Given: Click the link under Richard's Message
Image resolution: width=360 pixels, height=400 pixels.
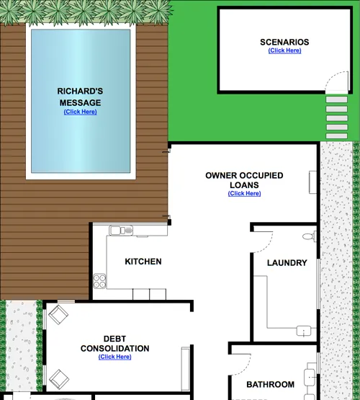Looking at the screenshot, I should pos(80,112).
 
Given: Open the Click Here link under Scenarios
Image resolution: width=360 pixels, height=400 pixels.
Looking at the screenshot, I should pos(284,50).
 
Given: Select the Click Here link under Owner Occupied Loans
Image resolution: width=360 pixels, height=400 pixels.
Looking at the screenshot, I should pos(244,193).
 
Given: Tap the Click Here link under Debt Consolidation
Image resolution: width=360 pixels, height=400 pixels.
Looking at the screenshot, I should pos(115,357).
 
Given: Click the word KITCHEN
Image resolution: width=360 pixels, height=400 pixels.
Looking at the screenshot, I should pos(143,262).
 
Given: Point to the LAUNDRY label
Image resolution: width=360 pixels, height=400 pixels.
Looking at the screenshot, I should pos(287,263).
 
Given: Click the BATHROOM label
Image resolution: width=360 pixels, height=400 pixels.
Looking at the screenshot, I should pos(270,385).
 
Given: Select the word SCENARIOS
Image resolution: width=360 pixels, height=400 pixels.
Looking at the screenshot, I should pos(284,42).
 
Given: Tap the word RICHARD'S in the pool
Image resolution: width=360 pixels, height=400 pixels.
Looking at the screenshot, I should pos(80,92).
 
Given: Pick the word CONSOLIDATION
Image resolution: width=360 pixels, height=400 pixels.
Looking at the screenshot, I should pos(115,348).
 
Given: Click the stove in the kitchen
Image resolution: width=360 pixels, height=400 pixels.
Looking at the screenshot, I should pos(100,280).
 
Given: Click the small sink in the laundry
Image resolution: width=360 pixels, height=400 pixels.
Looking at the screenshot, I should pos(306,331).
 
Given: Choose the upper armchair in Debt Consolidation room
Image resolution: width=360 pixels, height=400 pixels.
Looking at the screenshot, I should pos(58,314).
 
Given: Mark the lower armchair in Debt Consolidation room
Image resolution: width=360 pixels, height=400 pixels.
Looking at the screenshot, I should pos(58,376).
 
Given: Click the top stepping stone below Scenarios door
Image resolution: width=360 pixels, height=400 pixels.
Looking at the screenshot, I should pos(336,100).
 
